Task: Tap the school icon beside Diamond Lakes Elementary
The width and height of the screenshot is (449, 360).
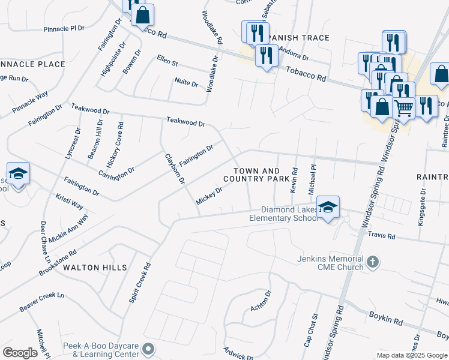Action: click(x=328, y=207)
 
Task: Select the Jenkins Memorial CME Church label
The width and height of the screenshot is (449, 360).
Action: click(x=330, y=263)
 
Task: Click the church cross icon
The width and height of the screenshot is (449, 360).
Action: click(x=373, y=262)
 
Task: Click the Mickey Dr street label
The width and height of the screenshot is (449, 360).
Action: click(x=209, y=195)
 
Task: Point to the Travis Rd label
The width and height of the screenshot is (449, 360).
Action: click(x=382, y=236)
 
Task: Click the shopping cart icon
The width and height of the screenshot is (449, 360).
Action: click(x=403, y=108)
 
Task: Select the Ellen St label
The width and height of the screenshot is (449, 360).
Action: click(x=167, y=61)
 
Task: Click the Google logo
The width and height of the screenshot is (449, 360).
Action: click(x=20, y=352)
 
